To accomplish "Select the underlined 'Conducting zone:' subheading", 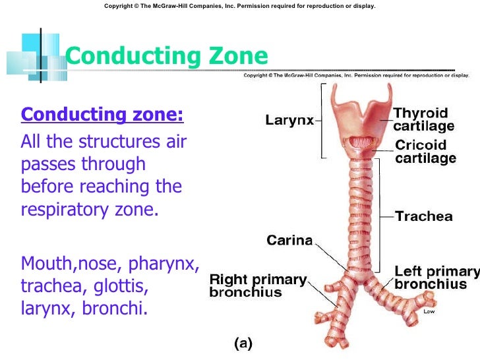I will [102, 115].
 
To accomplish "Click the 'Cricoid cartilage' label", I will [425, 152].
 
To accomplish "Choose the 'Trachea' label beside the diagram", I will [423, 216].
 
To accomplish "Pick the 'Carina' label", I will [289, 240].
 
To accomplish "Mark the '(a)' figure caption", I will [243, 343].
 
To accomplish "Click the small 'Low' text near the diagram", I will [429, 311].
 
